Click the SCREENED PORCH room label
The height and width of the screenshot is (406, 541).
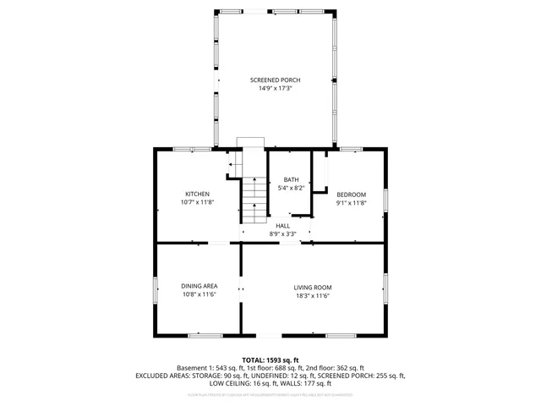(x=275, y=80)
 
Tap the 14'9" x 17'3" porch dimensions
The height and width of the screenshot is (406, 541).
(x=275, y=89)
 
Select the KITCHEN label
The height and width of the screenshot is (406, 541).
(x=197, y=194)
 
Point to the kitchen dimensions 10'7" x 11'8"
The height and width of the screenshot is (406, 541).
(x=197, y=203)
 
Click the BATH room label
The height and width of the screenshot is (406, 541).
(x=291, y=179)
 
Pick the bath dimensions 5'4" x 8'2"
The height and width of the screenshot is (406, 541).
(x=291, y=189)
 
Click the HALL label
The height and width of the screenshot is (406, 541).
(x=282, y=226)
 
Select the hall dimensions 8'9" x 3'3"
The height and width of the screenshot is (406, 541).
(x=282, y=234)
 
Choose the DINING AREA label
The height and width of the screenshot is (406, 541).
(x=199, y=286)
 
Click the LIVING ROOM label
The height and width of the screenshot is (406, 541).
(x=313, y=287)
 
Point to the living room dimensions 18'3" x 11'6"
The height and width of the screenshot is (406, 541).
(x=313, y=296)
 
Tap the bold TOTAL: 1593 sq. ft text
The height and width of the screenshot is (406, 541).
(x=270, y=360)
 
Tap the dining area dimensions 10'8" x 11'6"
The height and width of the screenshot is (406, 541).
(x=199, y=295)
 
